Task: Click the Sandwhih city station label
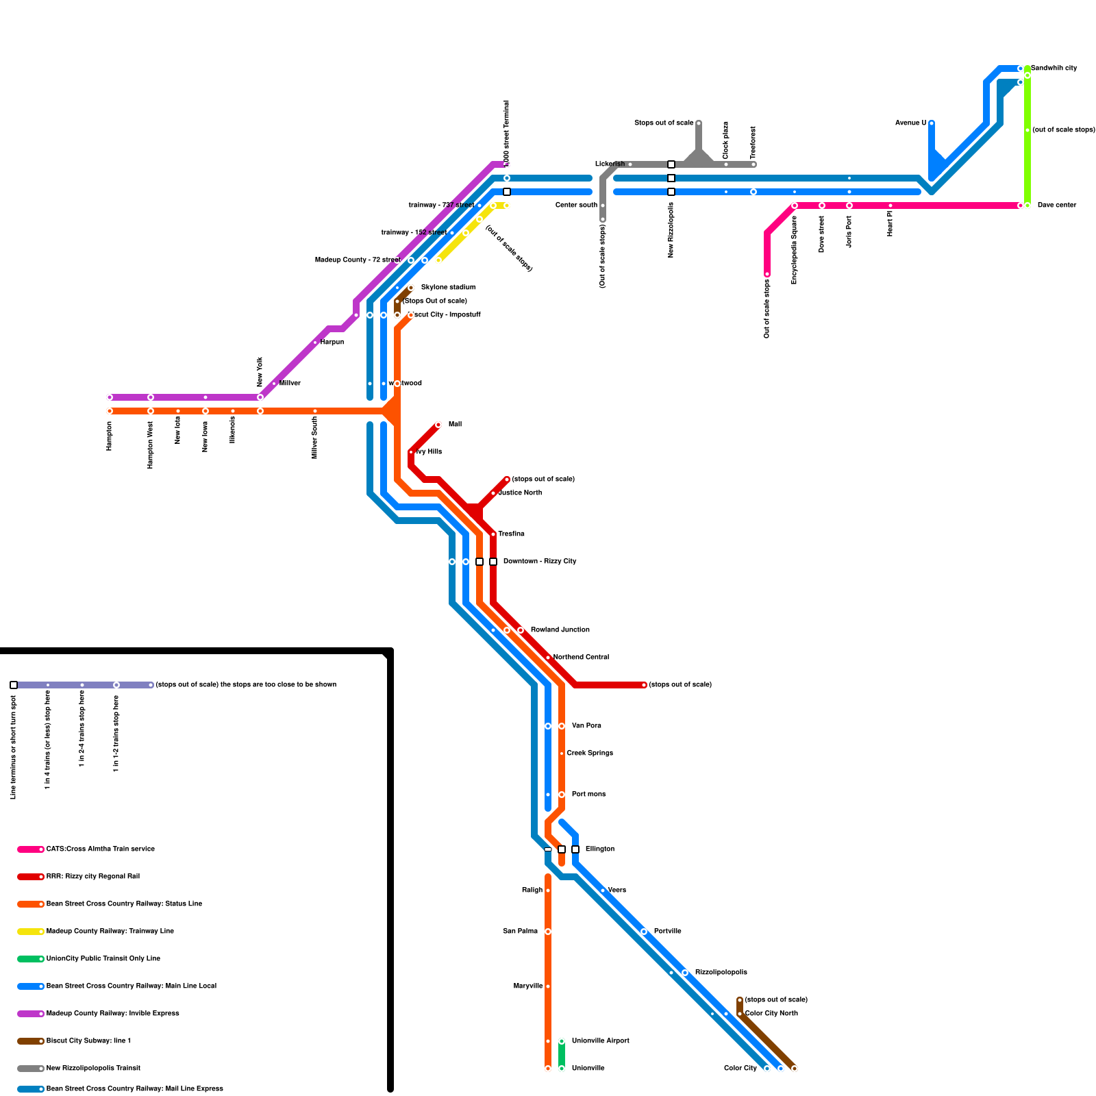[x=1054, y=68]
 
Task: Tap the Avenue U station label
[x=910, y=123]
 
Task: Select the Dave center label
[x=1056, y=206]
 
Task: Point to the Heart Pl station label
[x=890, y=223]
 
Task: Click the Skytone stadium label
[x=448, y=288]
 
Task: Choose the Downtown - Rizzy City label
[x=539, y=562]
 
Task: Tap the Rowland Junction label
[x=560, y=630]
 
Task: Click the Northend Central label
[x=581, y=658]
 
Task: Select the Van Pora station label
[x=586, y=726]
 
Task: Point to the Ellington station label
[x=599, y=849]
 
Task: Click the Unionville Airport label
[x=600, y=1041]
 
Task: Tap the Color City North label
[x=771, y=1014]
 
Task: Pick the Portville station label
[x=667, y=932]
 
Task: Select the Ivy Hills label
[x=429, y=452]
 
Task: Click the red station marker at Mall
[x=438, y=425]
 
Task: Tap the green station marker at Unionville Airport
[x=562, y=1041]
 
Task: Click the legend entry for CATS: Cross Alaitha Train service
[x=100, y=849]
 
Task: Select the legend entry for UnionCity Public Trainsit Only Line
[x=103, y=959]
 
